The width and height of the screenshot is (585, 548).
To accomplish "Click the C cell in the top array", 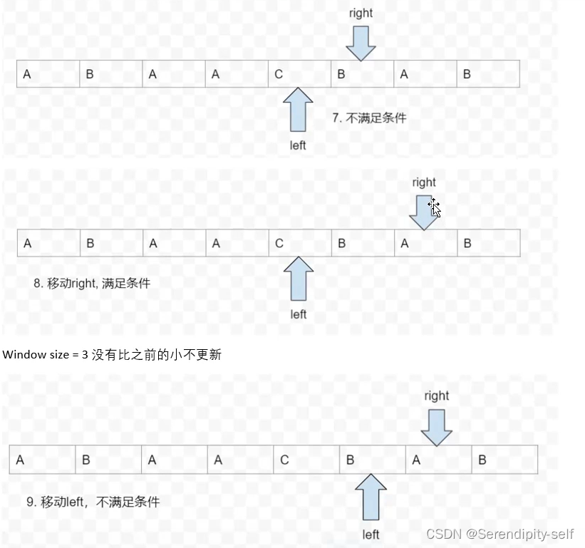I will (x=299, y=74).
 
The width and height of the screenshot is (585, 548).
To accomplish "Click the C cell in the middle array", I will (x=300, y=244).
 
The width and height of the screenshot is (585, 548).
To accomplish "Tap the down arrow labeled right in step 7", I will (x=361, y=43).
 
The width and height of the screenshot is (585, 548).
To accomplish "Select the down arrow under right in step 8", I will (x=425, y=213).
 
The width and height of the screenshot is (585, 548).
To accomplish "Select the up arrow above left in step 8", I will (x=299, y=280).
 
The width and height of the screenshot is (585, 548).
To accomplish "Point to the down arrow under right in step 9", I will (x=436, y=427).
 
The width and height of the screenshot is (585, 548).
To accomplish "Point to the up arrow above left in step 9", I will (x=371, y=498).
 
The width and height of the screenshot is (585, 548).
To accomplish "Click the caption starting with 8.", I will (x=92, y=283).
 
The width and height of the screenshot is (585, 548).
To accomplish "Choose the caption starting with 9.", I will (x=93, y=502).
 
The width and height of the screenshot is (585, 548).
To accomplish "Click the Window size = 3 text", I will (x=113, y=355).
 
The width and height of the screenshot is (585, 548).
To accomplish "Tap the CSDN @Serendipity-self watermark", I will (x=499, y=533).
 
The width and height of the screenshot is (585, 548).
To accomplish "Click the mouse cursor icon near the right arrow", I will (x=435, y=208).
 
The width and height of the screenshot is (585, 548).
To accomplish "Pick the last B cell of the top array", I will (x=487, y=74).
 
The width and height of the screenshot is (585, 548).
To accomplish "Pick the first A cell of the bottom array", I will (x=42, y=460).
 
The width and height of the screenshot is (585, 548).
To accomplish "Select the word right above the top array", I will (x=361, y=13).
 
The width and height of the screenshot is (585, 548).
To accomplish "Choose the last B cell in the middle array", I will (x=488, y=244).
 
